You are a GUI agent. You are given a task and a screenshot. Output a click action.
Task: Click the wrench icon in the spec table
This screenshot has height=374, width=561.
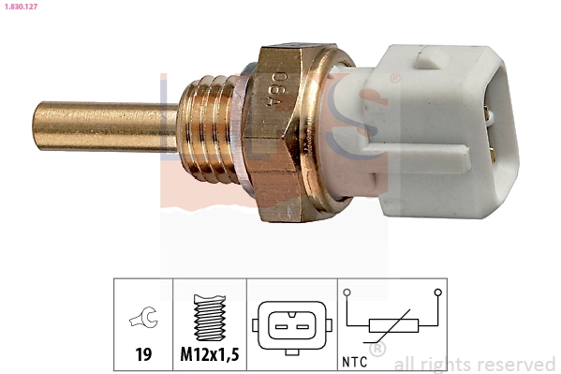143,321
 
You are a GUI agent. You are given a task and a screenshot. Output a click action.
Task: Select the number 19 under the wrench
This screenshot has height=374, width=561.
143,354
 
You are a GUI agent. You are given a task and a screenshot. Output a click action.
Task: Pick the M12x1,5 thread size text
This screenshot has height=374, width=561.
210,354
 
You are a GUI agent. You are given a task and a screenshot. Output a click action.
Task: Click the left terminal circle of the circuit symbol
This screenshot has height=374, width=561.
348,292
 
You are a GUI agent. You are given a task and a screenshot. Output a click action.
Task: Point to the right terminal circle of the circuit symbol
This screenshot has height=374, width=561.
437,292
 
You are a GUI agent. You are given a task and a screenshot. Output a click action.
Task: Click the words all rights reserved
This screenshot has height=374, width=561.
474,364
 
